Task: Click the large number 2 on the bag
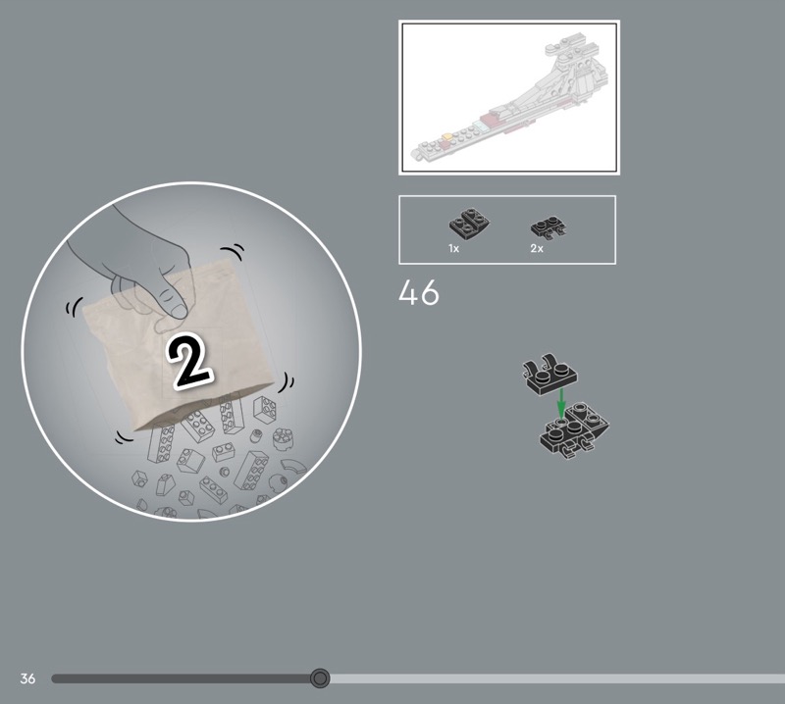pos(189,360)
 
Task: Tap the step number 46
pos(419,293)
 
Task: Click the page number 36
pos(27,679)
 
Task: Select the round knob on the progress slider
pos(320,679)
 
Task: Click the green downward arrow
pos(561,403)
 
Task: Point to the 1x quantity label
pos(453,248)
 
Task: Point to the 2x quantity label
pos(537,248)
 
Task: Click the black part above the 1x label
pos(469,224)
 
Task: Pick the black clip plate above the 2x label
pos(549,227)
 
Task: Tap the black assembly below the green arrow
pos(574,429)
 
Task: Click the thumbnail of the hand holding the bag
pos(191,352)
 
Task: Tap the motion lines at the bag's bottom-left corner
pos(124,438)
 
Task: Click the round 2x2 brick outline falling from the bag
pos(283,439)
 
